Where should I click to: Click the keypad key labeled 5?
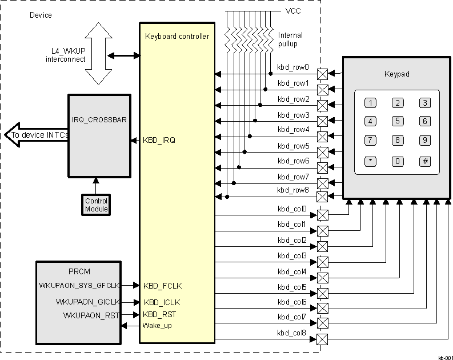tap(398, 121)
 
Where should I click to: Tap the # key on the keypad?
tap(425, 161)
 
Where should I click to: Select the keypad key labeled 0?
tap(398, 161)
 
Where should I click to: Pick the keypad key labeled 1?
tap(371, 103)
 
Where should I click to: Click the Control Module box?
tap(96, 205)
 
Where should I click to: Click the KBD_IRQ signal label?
tap(159, 140)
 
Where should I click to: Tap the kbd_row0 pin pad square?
tap(323, 74)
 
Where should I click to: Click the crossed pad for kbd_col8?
tap(323, 340)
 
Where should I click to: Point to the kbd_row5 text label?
tap(293, 146)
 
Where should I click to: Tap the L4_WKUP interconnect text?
tap(65, 55)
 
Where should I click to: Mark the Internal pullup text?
tap(290, 39)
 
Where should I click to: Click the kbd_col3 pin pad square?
tap(323, 262)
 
